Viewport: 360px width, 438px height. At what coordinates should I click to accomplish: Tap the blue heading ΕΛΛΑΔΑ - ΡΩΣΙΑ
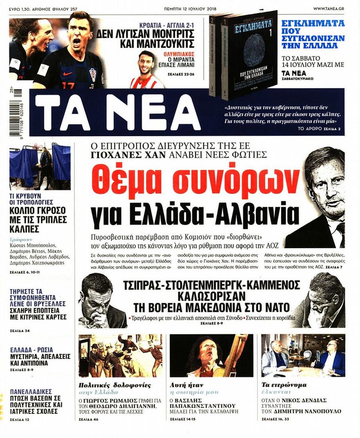point(32,350)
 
